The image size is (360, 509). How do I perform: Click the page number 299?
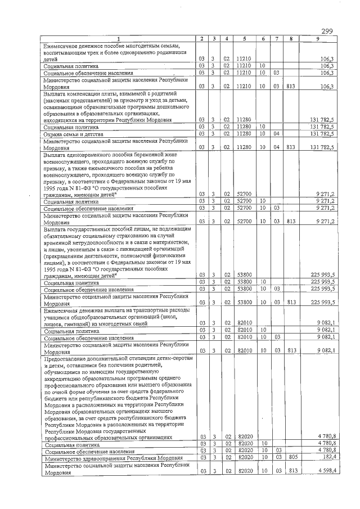[328, 30]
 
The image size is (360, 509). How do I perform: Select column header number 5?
[243, 38]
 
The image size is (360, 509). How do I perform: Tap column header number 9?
[318, 38]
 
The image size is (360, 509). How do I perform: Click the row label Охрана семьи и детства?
[71, 134]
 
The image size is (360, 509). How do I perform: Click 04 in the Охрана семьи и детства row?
[276, 134]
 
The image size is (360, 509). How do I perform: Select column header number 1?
[119, 38]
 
